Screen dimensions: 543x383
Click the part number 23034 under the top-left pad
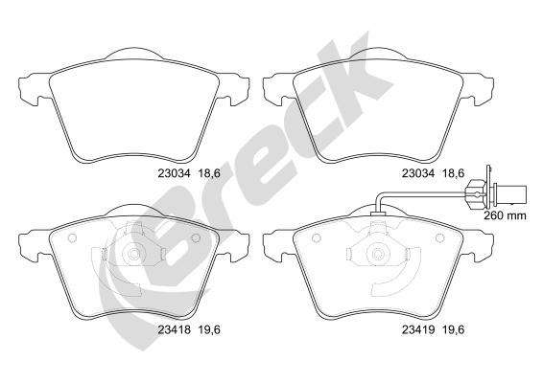click(175, 173)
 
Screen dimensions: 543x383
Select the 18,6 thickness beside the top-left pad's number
click(209, 173)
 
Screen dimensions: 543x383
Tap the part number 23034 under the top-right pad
click(418, 173)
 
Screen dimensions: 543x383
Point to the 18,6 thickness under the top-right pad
click(454, 173)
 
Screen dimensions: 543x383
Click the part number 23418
click(175, 329)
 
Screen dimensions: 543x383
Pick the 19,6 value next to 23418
click(209, 330)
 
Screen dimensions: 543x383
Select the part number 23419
click(418, 329)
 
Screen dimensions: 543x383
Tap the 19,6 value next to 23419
click(454, 330)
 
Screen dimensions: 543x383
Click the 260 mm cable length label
click(505, 215)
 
